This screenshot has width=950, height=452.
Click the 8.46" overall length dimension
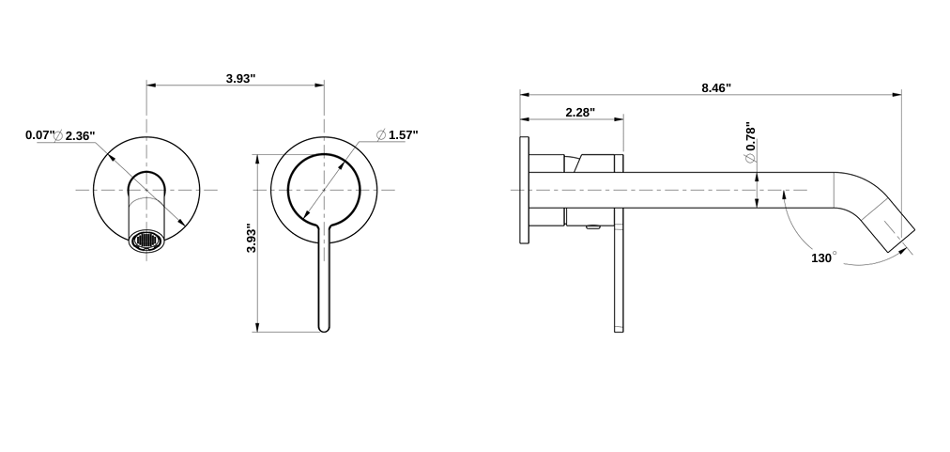click(715, 87)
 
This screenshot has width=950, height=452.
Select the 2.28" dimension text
click(579, 112)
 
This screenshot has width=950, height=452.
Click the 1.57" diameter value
click(403, 134)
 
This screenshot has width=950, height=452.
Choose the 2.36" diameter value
click(80, 135)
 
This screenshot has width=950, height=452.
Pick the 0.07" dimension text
click(38, 135)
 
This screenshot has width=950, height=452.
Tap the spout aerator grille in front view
click(146, 242)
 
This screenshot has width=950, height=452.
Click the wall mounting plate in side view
click(523, 190)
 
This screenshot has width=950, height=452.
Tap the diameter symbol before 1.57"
click(381, 135)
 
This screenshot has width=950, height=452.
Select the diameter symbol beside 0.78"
click(749, 159)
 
